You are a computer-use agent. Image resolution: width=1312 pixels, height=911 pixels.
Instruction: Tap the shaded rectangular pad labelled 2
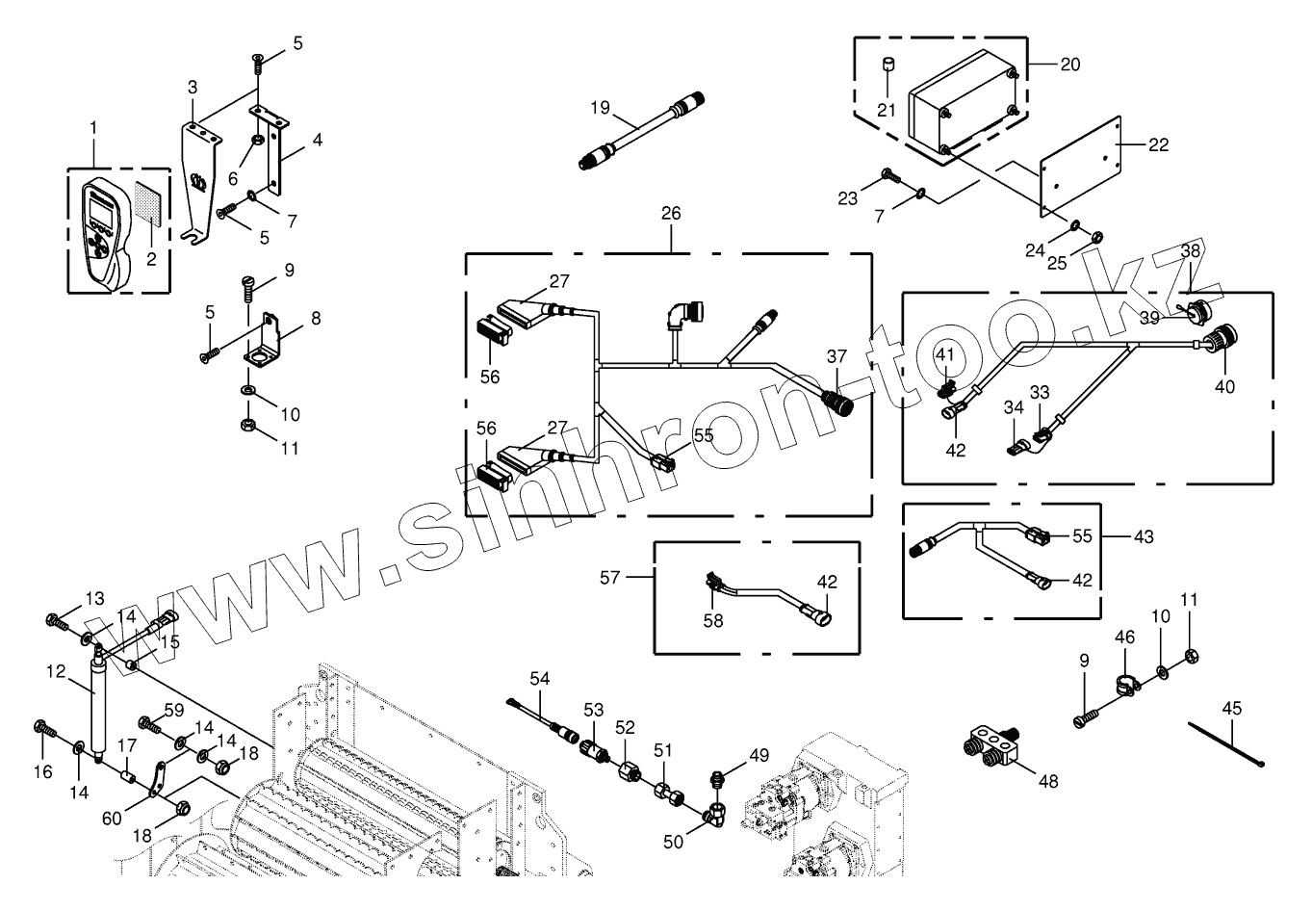[x=148, y=204]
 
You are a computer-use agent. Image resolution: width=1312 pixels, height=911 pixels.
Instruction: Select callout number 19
[x=601, y=108]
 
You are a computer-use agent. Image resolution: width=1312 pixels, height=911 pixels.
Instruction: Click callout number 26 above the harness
[x=671, y=213]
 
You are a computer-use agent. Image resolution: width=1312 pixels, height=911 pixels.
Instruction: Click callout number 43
[x=1143, y=535]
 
